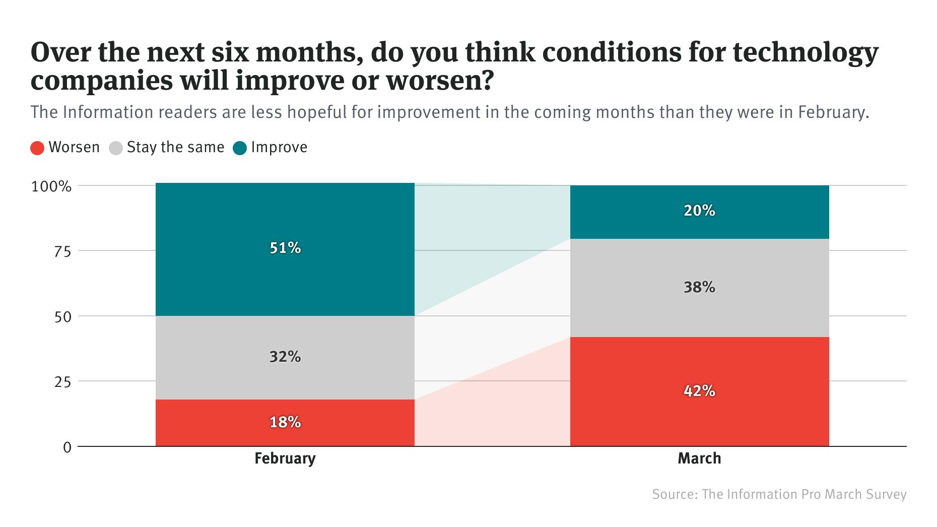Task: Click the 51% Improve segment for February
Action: (x=285, y=249)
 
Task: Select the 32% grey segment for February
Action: (x=285, y=357)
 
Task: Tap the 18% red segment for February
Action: (x=285, y=423)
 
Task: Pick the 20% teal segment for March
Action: (x=699, y=212)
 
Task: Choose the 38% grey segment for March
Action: (x=699, y=288)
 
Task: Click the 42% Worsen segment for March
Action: (x=699, y=391)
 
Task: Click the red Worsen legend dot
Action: (x=38, y=148)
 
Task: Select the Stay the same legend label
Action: (x=175, y=148)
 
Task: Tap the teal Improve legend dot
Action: (x=240, y=148)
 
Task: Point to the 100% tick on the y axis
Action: (x=52, y=187)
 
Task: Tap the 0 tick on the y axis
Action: (x=67, y=447)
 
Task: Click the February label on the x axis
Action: (x=285, y=458)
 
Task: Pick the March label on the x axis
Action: (x=699, y=458)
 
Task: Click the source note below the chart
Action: (x=779, y=494)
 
